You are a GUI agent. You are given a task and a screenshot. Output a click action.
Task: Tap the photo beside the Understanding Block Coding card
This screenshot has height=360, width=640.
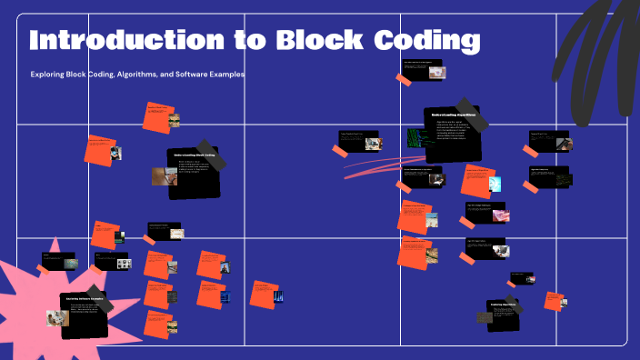point(159,175)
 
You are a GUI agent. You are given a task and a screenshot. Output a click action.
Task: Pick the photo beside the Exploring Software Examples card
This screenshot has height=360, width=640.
point(57,317)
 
